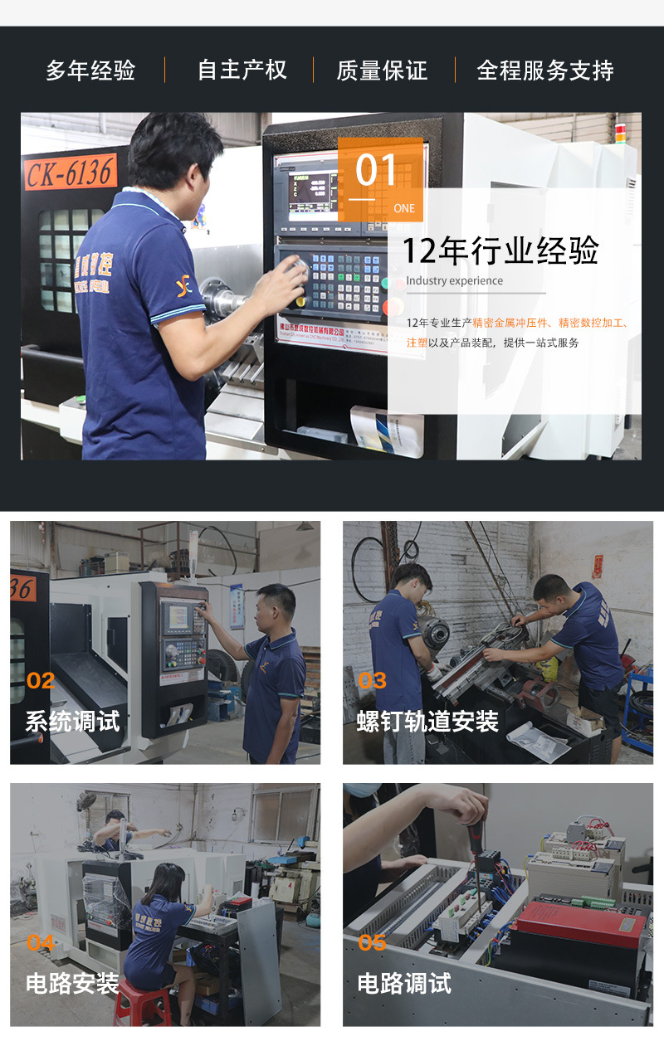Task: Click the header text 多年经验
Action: click(x=90, y=71)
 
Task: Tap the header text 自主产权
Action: click(x=242, y=71)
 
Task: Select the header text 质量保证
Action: click(x=382, y=71)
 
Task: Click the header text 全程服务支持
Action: click(x=545, y=71)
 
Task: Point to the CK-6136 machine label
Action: click(x=71, y=173)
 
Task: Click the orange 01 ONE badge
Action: click(x=380, y=179)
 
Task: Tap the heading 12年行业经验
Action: click(x=500, y=251)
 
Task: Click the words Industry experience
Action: click(x=454, y=281)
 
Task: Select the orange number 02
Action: click(x=41, y=681)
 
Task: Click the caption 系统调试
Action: click(x=73, y=721)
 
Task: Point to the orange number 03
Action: click(x=373, y=681)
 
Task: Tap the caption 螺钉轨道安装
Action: click(x=427, y=721)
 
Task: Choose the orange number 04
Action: click(x=41, y=943)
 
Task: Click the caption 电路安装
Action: click(x=73, y=984)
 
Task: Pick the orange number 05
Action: click(x=373, y=943)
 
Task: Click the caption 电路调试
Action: click(x=405, y=984)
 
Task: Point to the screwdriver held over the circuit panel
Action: click(x=476, y=838)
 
